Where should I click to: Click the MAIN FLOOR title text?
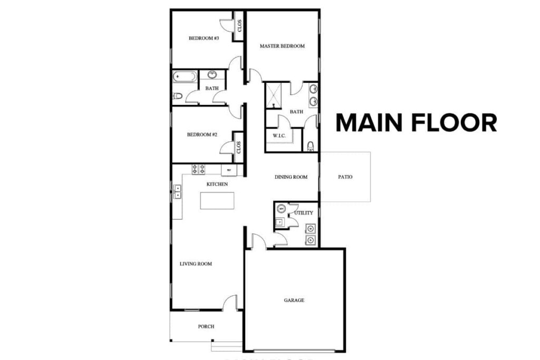[416, 122]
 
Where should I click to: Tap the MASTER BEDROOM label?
[282, 46]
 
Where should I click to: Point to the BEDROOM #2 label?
[202, 134]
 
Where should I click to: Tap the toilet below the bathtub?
[178, 96]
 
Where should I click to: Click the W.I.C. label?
[279, 136]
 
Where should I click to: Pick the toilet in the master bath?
[310, 144]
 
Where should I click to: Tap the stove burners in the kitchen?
[198, 169]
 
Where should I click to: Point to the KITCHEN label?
[217, 184]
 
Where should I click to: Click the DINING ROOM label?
[291, 177]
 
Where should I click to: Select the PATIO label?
[345, 177]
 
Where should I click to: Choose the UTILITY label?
[304, 213]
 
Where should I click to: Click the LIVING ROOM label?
[196, 264]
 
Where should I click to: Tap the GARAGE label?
[294, 300]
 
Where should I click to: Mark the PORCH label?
[206, 327]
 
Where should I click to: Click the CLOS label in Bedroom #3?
[239, 25]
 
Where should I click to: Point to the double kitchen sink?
[177, 191]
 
